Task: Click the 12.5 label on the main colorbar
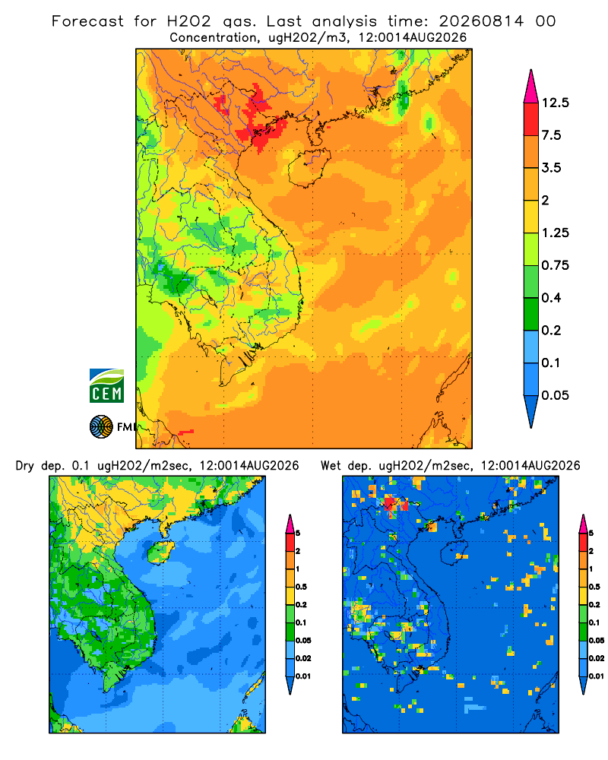tap(555, 103)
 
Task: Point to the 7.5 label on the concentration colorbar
tap(551, 135)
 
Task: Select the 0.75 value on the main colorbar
tap(555, 265)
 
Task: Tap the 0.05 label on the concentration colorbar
tap(555, 395)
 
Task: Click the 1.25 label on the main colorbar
tap(555, 233)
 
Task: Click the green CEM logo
tap(106, 385)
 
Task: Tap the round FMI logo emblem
tap(101, 426)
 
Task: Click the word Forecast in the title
tap(87, 21)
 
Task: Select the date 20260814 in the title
tap(481, 21)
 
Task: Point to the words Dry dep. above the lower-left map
tap(40, 466)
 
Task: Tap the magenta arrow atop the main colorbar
tap(531, 86)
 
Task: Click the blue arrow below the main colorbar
tap(531, 411)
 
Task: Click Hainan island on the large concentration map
tap(309, 167)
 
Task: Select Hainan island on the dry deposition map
tap(160, 553)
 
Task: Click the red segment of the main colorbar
tap(531, 119)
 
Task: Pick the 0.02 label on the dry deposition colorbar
tap(303, 658)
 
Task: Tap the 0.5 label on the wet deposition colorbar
tap(594, 587)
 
